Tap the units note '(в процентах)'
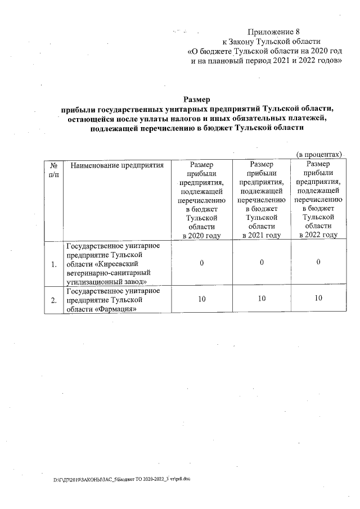click(319, 154)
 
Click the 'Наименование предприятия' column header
click(117, 165)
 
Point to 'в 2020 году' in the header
click(201, 235)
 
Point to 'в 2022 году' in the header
click(318, 235)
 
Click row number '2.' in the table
click(53, 300)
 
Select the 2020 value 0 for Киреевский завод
click(201, 263)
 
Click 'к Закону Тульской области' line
click(272, 41)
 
